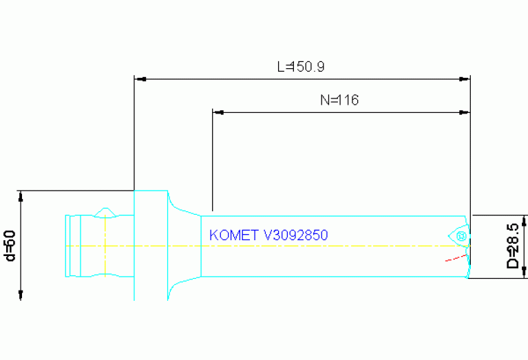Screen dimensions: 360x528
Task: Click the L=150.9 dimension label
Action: tap(301, 67)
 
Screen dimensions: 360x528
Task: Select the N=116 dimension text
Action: tap(339, 100)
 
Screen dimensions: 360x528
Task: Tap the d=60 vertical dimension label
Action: tap(10, 246)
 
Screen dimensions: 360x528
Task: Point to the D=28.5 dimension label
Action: tap(513, 246)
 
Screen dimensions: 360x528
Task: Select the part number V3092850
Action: tap(296, 235)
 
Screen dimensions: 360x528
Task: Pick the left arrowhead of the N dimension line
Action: tap(218, 112)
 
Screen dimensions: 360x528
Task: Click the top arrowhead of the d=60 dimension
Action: tap(21, 195)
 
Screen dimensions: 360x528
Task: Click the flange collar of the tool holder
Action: tap(150, 244)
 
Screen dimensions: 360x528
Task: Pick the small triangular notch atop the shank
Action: tap(105, 210)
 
